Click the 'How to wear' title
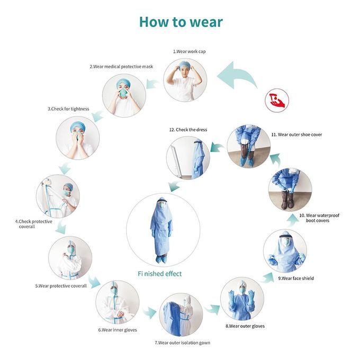click(x=181, y=22)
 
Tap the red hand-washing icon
click(x=277, y=101)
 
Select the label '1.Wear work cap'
click(x=189, y=51)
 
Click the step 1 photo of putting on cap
click(x=185, y=80)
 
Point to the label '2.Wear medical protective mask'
click(x=121, y=67)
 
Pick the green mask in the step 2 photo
click(x=123, y=93)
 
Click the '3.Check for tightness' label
click(x=68, y=109)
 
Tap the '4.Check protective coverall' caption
click(x=33, y=224)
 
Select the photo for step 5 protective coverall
click(x=70, y=258)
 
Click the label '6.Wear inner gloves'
click(x=118, y=330)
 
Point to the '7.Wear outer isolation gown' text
click(x=182, y=343)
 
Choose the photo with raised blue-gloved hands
click(x=242, y=299)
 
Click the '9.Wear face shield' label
click(x=296, y=278)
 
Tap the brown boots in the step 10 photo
click(x=287, y=200)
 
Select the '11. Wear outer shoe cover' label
click(x=296, y=134)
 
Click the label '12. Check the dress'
click(x=188, y=130)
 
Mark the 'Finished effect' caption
click(x=159, y=274)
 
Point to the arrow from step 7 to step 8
click(x=212, y=310)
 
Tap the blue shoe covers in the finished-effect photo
click(x=161, y=259)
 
